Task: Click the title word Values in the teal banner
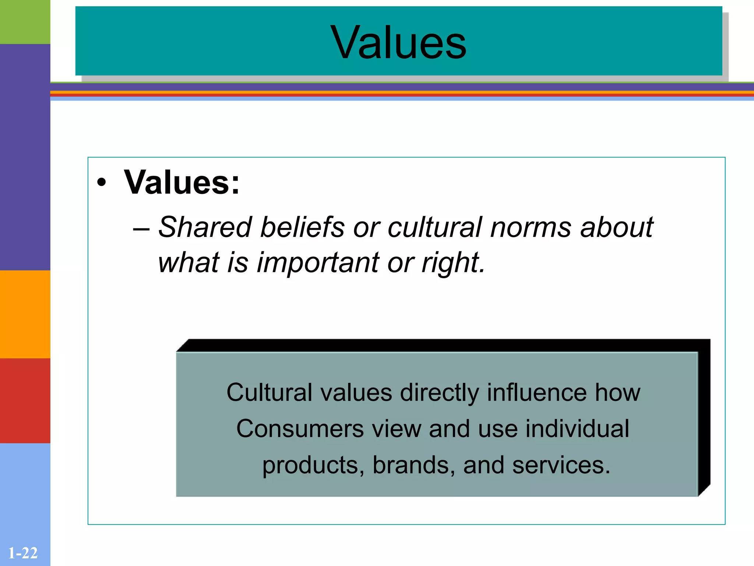coord(398,42)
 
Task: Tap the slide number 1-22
coord(23,553)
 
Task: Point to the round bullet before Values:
coord(102,183)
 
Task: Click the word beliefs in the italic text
coord(302,227)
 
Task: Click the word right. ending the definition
coord(454,262)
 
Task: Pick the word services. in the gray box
coord(561,465)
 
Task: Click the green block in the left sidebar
coord(25,22)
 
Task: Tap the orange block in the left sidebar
coord(25,314)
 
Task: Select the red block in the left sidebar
coord(25,401)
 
